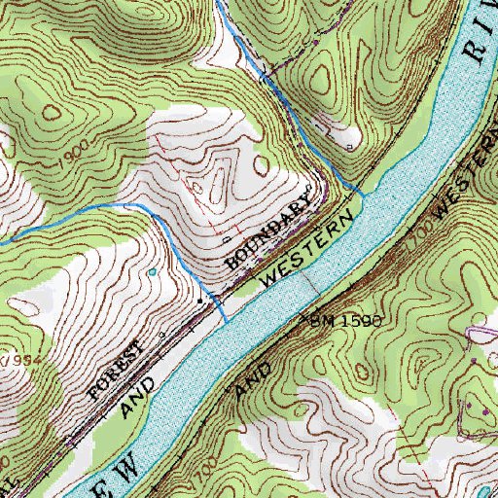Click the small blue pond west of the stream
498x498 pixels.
153,272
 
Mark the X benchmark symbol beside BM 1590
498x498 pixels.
314,315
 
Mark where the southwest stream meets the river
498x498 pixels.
227,320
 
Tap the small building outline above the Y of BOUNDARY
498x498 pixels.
309,188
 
